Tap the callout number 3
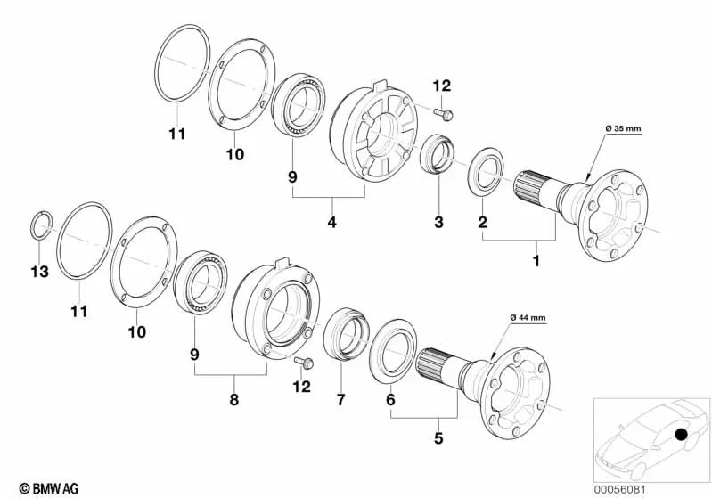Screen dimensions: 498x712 (438, 222)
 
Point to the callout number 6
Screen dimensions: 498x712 (390, 400)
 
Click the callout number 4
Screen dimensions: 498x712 (331, 222)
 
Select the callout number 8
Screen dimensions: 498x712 (235, 400)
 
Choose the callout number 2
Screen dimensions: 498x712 (482, 222)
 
